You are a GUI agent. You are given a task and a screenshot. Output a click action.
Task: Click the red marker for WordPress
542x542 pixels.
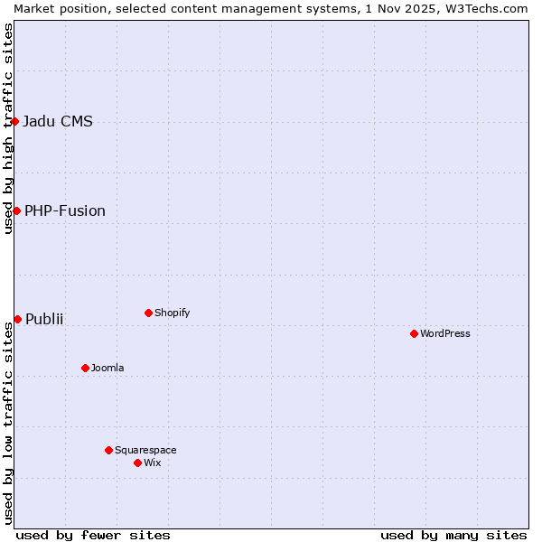pos(414,333)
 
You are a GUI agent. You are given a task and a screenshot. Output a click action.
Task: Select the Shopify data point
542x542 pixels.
pos(148,313)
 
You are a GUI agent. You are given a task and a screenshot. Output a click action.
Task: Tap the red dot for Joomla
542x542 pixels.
pos(85,368)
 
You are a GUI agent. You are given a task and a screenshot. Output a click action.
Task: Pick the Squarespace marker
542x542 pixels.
pos(108,450)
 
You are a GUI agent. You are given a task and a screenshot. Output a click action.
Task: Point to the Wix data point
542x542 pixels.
pos(137,463)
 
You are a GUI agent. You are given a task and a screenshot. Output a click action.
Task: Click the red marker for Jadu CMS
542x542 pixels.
pos(15,121)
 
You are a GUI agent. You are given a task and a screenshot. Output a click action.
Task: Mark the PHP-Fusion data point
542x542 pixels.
pos(16,210)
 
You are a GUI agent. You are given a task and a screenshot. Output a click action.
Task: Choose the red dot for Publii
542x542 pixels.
pos(17,319)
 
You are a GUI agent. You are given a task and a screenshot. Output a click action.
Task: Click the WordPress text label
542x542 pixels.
pos(445,333)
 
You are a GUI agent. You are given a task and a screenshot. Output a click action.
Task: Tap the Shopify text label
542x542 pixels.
pos(173,313)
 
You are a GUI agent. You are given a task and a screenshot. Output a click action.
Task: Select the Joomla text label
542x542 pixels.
pos(107,368)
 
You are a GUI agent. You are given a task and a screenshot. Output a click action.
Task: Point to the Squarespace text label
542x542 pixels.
pos(145,450)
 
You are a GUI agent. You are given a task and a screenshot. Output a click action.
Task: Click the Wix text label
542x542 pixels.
pos(153,463)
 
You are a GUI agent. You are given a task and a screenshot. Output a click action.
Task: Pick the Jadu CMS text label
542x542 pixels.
pos(58,122)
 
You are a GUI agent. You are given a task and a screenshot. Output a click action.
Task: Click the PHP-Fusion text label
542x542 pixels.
pos(65,211)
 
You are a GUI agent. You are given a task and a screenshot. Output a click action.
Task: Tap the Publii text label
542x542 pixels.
pos(44,320)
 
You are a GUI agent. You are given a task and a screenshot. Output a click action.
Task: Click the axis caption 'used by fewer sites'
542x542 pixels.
pos(93,535)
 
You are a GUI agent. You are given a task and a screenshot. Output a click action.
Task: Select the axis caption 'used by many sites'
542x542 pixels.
pos(453,535)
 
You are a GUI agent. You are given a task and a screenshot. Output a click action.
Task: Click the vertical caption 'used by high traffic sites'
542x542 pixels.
pos(8,128)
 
